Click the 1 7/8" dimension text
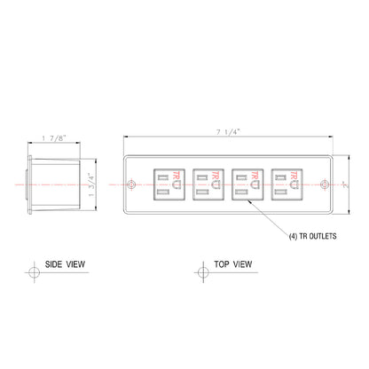point(54,137)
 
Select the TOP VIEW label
point(234,264)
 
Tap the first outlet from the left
point(169,186)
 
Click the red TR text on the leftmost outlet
point(176,176)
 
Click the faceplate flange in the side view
point(30,185)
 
